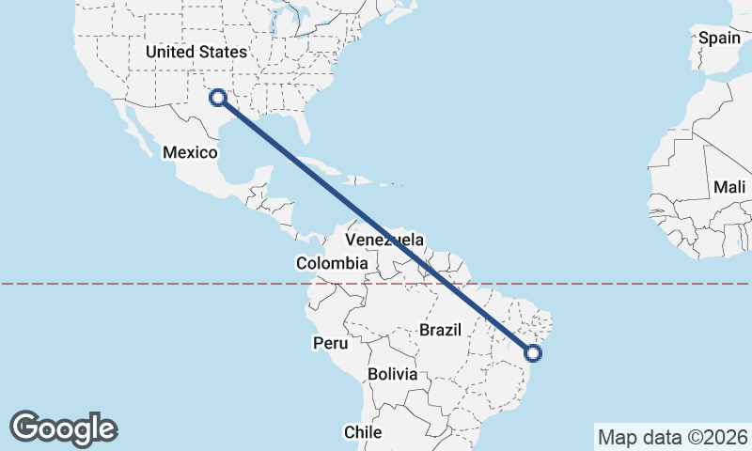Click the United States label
(196, 53)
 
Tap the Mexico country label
(191, 152)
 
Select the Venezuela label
(384, 240)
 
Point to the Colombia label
(331, 264)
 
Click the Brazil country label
(440, 330)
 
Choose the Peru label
(331, 343)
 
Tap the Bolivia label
(392, 374)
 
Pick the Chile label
(363, 432)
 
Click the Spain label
(720, 39)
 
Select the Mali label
(729, 187)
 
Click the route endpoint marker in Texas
(218, 97)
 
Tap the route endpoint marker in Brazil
(533, 353)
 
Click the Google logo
(63, 428)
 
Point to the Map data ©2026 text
(673, 437)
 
